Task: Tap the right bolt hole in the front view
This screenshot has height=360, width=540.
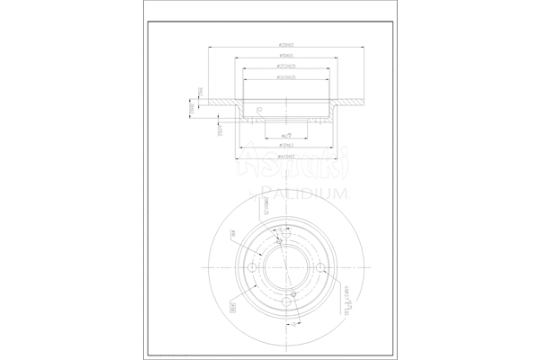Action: pos(321,267)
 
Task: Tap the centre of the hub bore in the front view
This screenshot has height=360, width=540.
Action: pos(287,271)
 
